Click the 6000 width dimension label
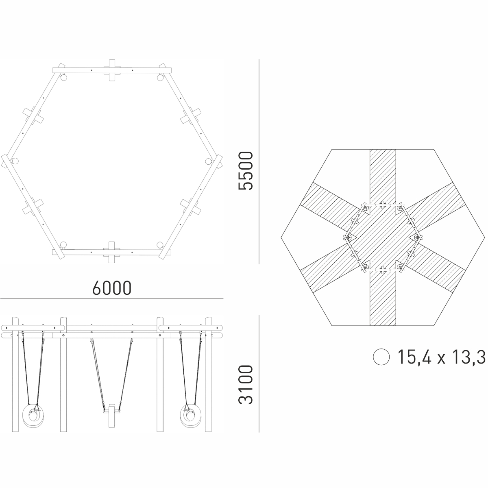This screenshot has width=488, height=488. point(112,288)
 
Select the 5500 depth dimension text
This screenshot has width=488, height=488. point(245,171)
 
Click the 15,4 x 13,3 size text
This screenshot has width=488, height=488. point(441,357)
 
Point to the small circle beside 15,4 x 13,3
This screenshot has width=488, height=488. point(381,357)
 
